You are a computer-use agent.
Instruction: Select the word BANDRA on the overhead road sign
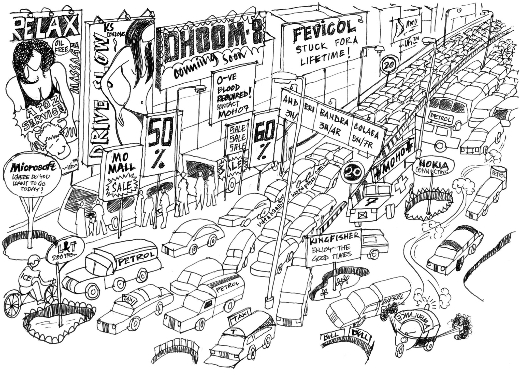coord(334,117)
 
